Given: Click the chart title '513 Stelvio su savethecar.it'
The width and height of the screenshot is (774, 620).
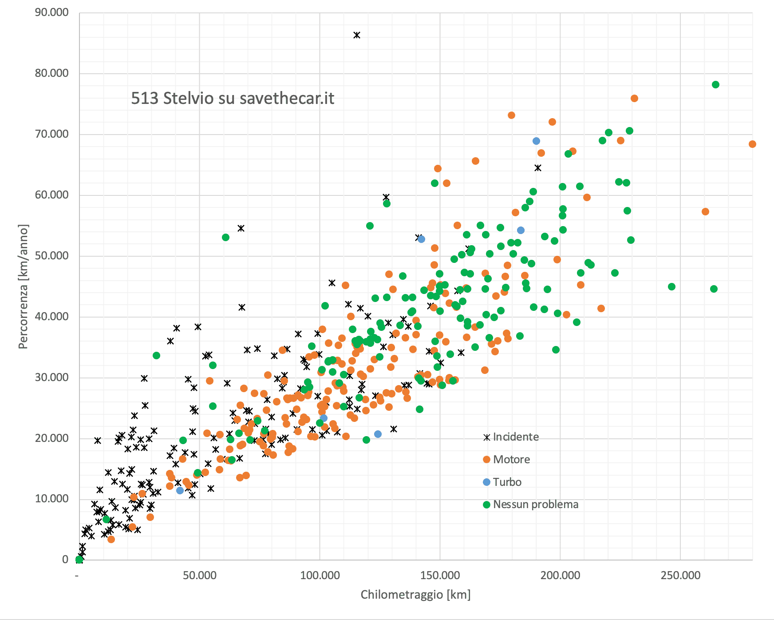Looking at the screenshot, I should pyautogui.click(x=233, y=98).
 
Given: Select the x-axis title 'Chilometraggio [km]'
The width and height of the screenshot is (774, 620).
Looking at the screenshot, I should pyautogui.click(x=415, y=594).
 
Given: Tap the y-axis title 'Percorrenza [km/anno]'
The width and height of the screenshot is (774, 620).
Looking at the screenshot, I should pyautogui.click(x=23, y=286).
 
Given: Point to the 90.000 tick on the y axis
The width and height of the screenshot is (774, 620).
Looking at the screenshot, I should pyautogui.click(x=52, y=12).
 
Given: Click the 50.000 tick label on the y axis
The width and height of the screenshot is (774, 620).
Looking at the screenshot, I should pyautogui.click(x=52, y=256).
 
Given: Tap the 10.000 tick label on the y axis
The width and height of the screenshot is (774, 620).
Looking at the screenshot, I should pyautogui.click(x=52, y=499).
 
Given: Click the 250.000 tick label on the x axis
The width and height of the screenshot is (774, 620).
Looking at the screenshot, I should pyautogui.click(x=680, y=576).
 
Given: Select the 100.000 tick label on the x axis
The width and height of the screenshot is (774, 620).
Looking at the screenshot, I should pyautogui.click(x=320, y=576).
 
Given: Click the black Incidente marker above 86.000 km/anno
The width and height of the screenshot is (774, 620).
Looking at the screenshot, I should pyautogui.click(x=357, y=35).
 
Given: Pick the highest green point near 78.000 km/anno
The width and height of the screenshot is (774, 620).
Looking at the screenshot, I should pyautogui.click(x=715, y=85).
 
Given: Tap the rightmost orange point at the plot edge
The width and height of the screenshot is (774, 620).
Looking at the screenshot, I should pyautogui.click(x=752, y=144).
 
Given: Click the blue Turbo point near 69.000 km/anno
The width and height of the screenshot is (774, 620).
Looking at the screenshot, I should pyautogui.click(x=536, y=141).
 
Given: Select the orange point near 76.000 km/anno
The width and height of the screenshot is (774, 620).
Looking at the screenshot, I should pyautogui.click(x=634, y=99).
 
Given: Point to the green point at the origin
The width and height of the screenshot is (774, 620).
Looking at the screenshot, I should pyautogui.click(x=79, y=560).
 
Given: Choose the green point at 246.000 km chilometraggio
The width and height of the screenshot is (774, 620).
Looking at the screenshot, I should pyautogui.click(x=671, y=287).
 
